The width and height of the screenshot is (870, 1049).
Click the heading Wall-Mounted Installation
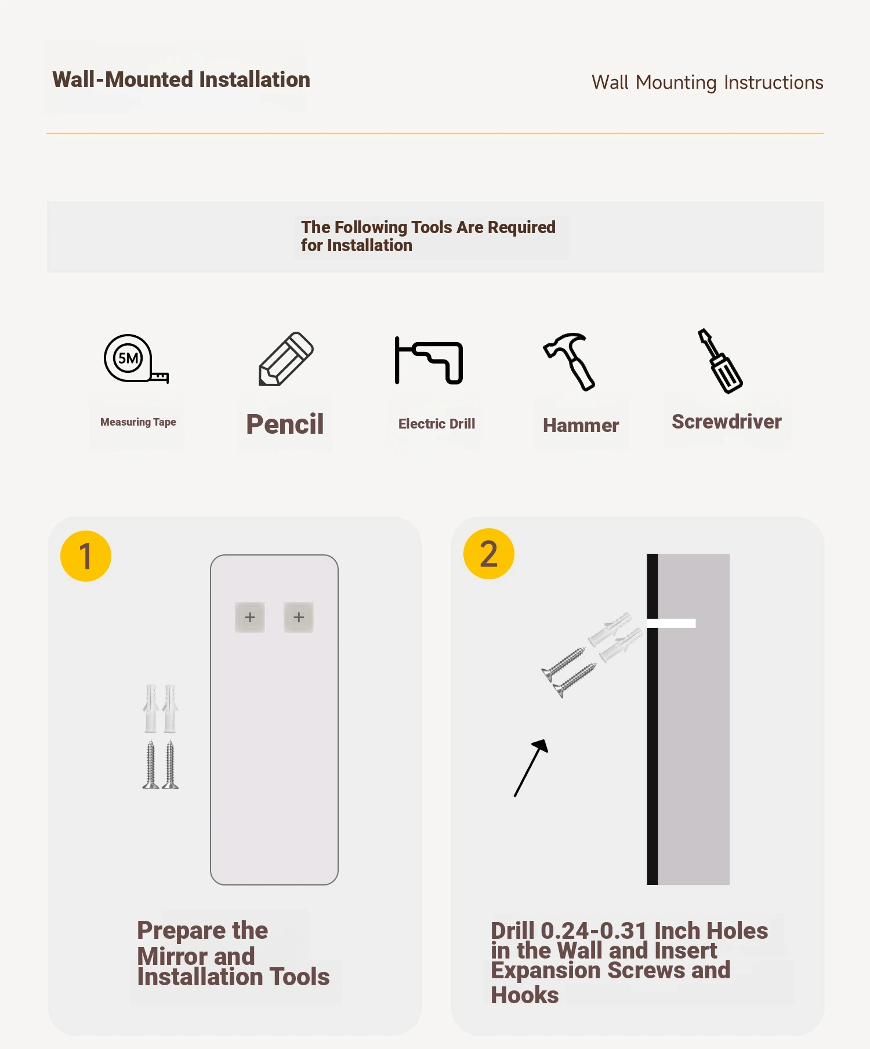coord(181,79)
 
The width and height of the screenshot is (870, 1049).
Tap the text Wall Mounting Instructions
coord(707,82)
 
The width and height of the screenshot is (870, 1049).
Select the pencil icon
coord(286,358)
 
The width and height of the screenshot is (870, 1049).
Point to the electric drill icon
coord(429,361)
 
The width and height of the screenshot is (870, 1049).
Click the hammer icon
coord(570,361)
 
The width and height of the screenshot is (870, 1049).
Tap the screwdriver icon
coord(720,361)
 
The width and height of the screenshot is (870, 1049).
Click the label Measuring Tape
coord(138,422)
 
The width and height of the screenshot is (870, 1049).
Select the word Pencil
coord(285,424)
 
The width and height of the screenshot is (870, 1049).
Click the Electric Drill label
coord(437,424)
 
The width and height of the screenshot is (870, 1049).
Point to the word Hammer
coord(581,426)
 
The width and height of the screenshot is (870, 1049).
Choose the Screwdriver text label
coord(727,422)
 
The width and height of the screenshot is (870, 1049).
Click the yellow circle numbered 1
coord(86,556)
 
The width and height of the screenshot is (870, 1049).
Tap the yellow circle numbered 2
coord(489,554)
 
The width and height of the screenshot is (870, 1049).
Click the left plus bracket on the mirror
coord(250,617)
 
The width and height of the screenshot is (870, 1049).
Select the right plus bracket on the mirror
coord(299,617)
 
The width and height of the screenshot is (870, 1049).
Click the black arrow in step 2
coord(531,768)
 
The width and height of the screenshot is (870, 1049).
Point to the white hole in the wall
coord(671,623)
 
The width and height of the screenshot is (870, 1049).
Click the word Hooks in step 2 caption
coord(525,995)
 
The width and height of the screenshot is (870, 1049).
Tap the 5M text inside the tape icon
coord(128,358)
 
